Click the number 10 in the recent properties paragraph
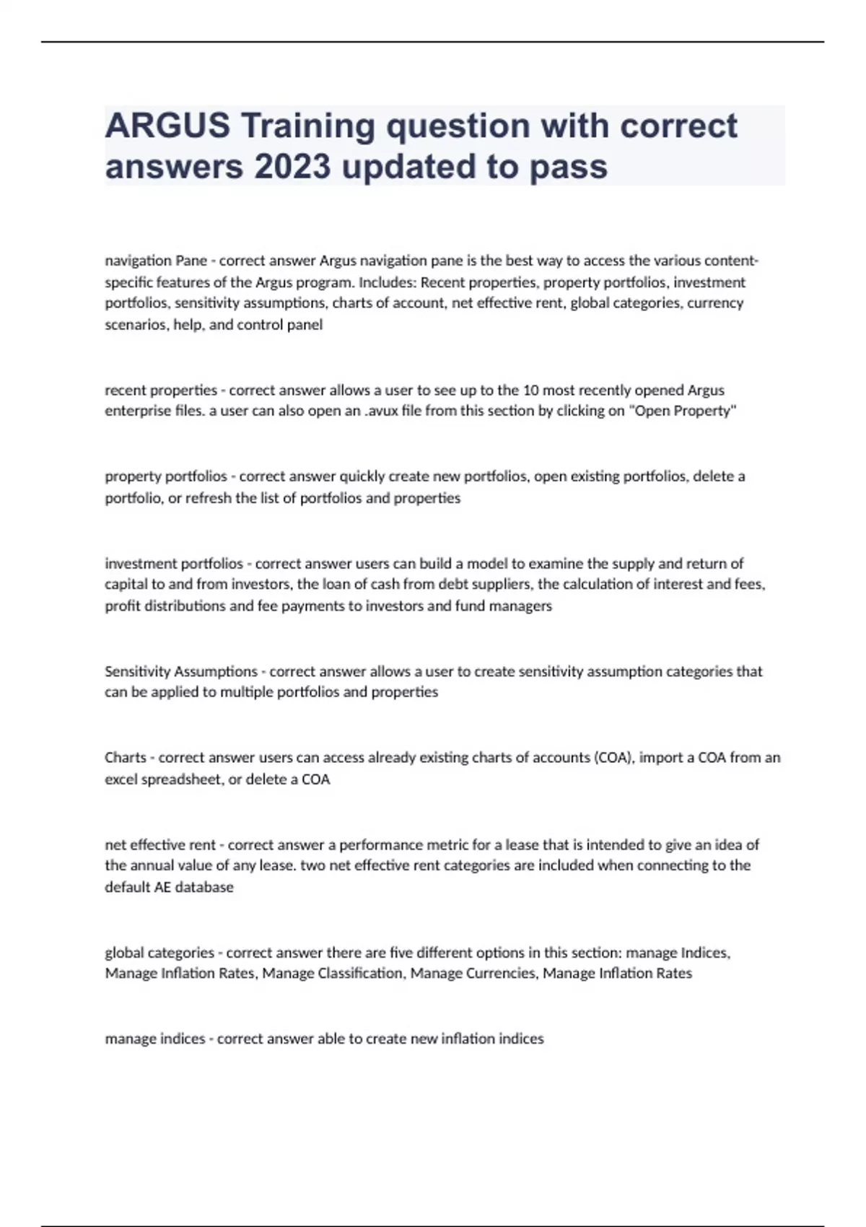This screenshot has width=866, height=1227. point(530,390)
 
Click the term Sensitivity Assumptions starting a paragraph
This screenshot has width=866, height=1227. point(180,671)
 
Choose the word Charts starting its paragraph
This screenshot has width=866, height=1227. point(126,758)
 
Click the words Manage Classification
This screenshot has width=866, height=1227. point(332,974)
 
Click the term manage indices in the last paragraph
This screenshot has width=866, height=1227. point(155,1039)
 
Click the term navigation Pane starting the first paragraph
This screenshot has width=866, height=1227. point(156,261)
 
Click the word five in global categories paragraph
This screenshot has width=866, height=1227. point(401,953)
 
